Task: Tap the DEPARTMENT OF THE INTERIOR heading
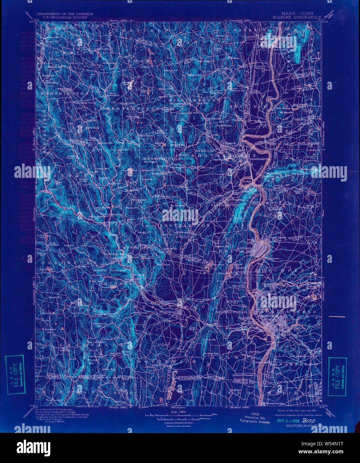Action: click(x=65, y=14)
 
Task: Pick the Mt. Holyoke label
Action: click(x=276, y=174)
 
